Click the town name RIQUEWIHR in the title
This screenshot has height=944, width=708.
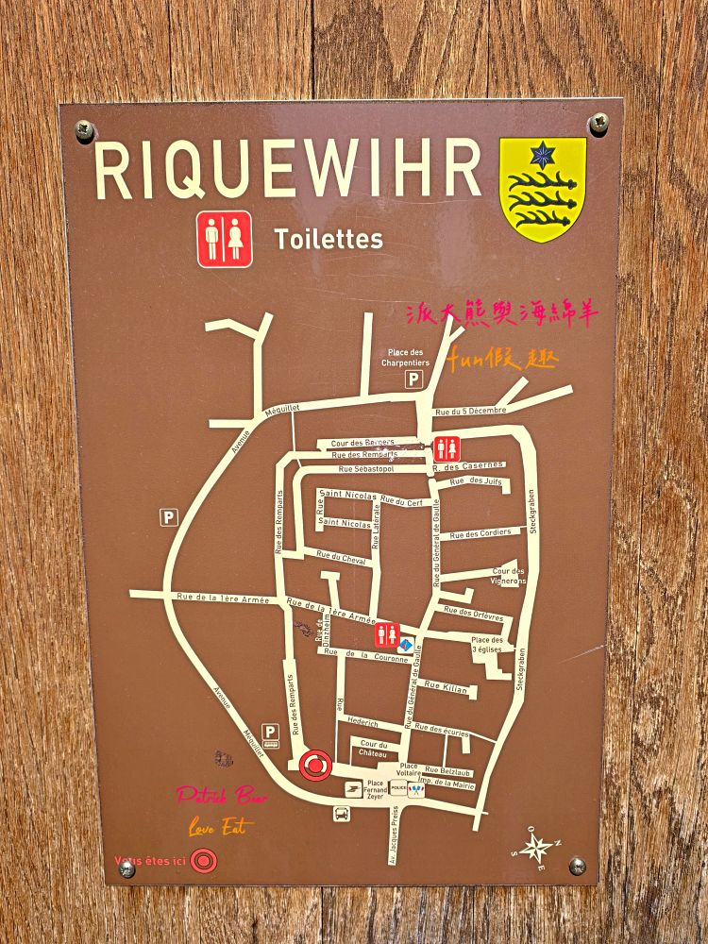click(287, 172)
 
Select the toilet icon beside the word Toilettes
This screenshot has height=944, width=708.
click(225, 239)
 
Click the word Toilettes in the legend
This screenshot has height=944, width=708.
click(329, 240)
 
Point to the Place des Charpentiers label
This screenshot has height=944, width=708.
click(405, 357)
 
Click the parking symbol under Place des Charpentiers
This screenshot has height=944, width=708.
click(413, 379)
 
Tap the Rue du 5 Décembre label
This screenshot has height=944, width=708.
click(471, 411)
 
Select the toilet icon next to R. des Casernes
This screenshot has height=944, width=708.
click(447, 449)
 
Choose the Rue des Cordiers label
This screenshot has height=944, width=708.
click(480, 534)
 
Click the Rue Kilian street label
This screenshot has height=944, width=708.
click(446, 688)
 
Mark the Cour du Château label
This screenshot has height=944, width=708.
click(374, 749)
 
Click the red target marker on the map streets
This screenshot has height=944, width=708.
click(315, 765)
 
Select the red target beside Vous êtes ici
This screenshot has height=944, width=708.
click(201, 860)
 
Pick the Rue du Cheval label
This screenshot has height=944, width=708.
click(341, 558)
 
